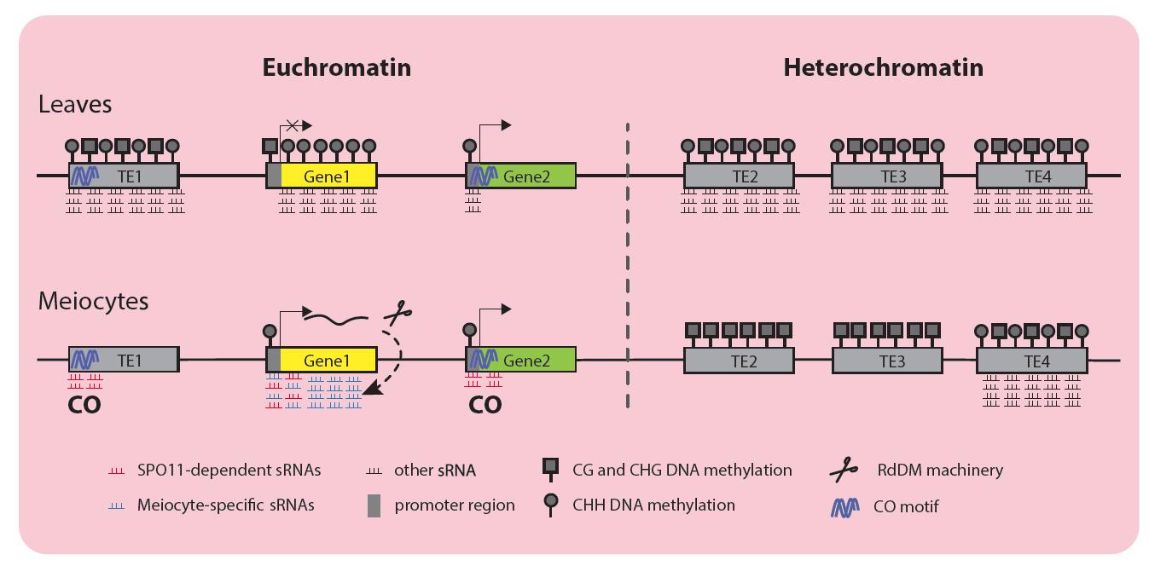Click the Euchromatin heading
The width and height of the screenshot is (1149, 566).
click(336, 67)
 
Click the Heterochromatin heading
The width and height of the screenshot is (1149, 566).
click(883, 67)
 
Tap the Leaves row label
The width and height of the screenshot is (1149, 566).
click(75, 105)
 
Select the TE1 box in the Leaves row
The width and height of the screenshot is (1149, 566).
click(124, 176)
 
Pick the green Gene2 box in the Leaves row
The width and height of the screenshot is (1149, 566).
click(521, 176)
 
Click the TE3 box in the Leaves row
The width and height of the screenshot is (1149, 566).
click(886, 176)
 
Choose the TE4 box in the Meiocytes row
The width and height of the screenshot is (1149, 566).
click(1031, 361)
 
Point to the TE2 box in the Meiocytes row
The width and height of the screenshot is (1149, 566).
click(739, 361)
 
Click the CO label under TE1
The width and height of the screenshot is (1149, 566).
click(84, 405)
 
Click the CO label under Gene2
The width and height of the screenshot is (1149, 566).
click(485, 405)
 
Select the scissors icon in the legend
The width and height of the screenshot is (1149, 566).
click(844, 470)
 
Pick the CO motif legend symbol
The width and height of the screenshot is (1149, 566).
click(844, 506)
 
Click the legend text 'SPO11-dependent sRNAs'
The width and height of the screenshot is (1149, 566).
click(229, 470)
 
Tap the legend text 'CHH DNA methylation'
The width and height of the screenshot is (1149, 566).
click(653, 505)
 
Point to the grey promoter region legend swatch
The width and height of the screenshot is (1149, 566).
click(374, 505)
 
